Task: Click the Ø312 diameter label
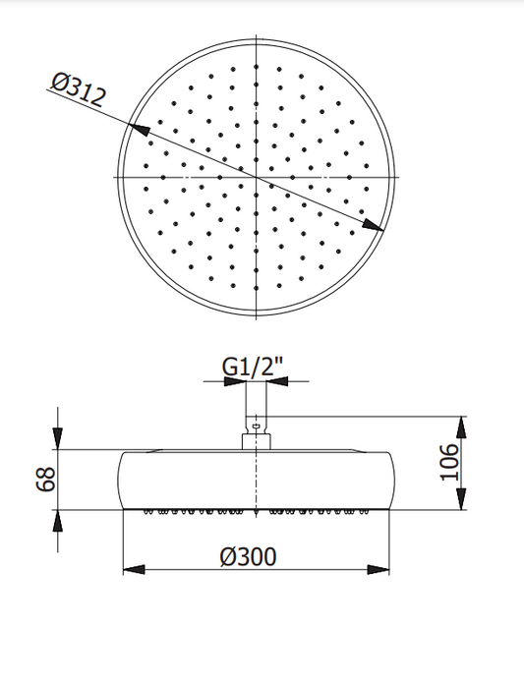tap(79, 90)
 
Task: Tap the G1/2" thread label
tap(253, 368)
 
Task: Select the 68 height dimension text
tap(46, 479)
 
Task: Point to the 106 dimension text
tap(450, 462)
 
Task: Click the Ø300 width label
tap(248, 557)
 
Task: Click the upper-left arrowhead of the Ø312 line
tap(139, 129)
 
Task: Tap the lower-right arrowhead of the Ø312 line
tap(373, 224)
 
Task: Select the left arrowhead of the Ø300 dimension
tap(134, 569)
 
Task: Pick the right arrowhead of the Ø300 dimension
tap(378, 569)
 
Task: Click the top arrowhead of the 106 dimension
tap(461, 427)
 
